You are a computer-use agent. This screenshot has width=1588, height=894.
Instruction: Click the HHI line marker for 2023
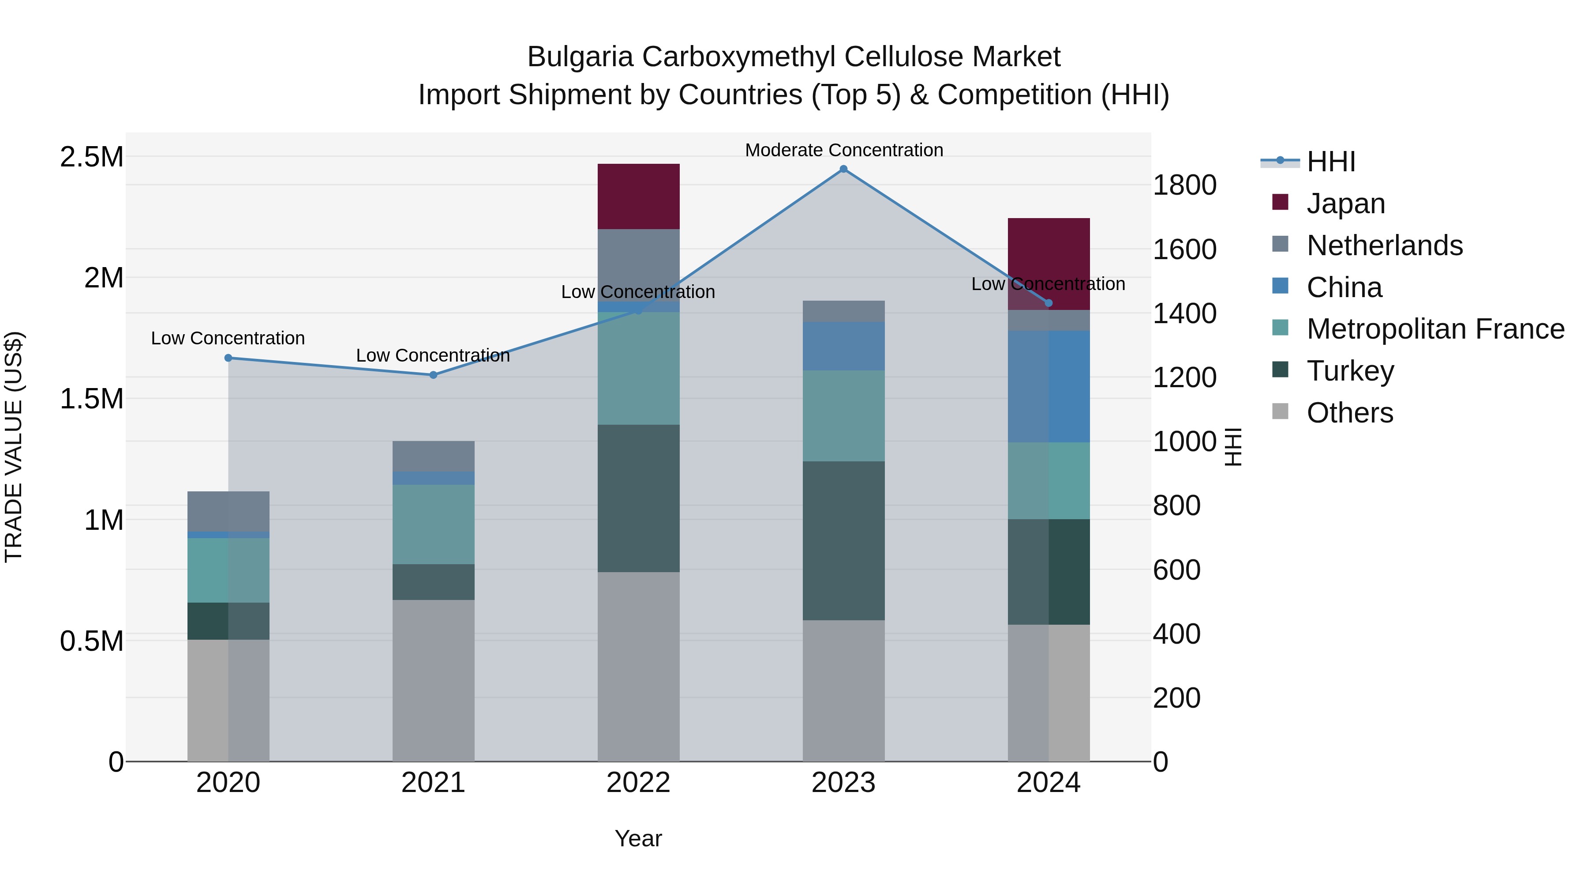[843, 169]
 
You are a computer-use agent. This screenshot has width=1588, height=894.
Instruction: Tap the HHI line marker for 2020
[228, 358]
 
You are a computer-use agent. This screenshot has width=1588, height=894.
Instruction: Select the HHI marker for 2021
[433, 374]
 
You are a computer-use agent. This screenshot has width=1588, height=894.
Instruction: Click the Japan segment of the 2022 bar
[639, 196]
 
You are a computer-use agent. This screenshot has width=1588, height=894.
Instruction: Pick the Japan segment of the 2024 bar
[1049, 253]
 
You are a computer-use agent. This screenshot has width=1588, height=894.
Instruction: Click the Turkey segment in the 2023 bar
[843, 540]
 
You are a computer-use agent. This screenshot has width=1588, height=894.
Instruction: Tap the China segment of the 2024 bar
[1049, 386]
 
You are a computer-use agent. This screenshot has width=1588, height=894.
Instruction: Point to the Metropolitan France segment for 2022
[639, 368]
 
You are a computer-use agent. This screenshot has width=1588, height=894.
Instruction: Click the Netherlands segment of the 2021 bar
[433, 456]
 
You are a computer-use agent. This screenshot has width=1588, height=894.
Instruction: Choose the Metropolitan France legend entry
[1435, 329]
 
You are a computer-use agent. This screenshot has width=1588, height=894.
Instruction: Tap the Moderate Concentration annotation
[844, 150]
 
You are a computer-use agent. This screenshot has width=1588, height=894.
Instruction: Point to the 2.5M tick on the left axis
[91, 157]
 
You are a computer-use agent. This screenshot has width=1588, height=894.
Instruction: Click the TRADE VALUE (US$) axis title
[14, 447]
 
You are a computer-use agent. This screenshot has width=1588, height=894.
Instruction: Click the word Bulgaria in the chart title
[580, 57]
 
